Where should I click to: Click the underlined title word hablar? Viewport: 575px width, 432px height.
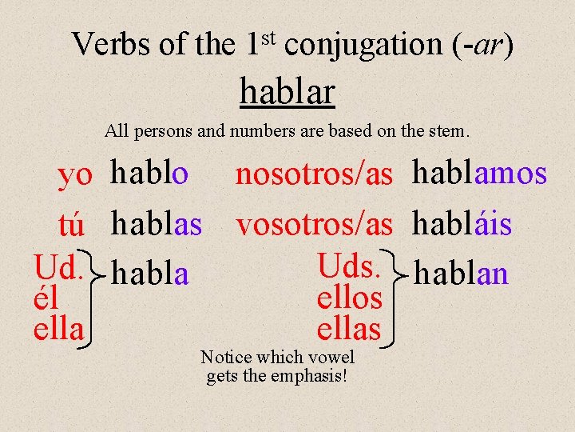coord(287,93)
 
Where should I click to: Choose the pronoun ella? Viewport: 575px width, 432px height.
coord(58,327)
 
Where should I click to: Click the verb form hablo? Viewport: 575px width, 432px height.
coord(149,173)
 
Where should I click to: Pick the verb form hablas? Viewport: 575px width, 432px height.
coord(157,224)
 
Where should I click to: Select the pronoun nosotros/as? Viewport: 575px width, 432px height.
coord(314,176)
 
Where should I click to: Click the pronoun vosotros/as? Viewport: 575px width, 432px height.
coord(314,226)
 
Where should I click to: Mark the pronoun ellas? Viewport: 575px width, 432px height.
coord(349,327)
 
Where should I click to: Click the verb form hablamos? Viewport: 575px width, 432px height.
coord(479,173)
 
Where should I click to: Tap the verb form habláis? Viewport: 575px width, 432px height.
coord(462,224)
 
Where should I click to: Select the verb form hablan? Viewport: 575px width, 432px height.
coord(462,274)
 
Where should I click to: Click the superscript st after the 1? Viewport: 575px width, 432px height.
coord(270,35)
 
